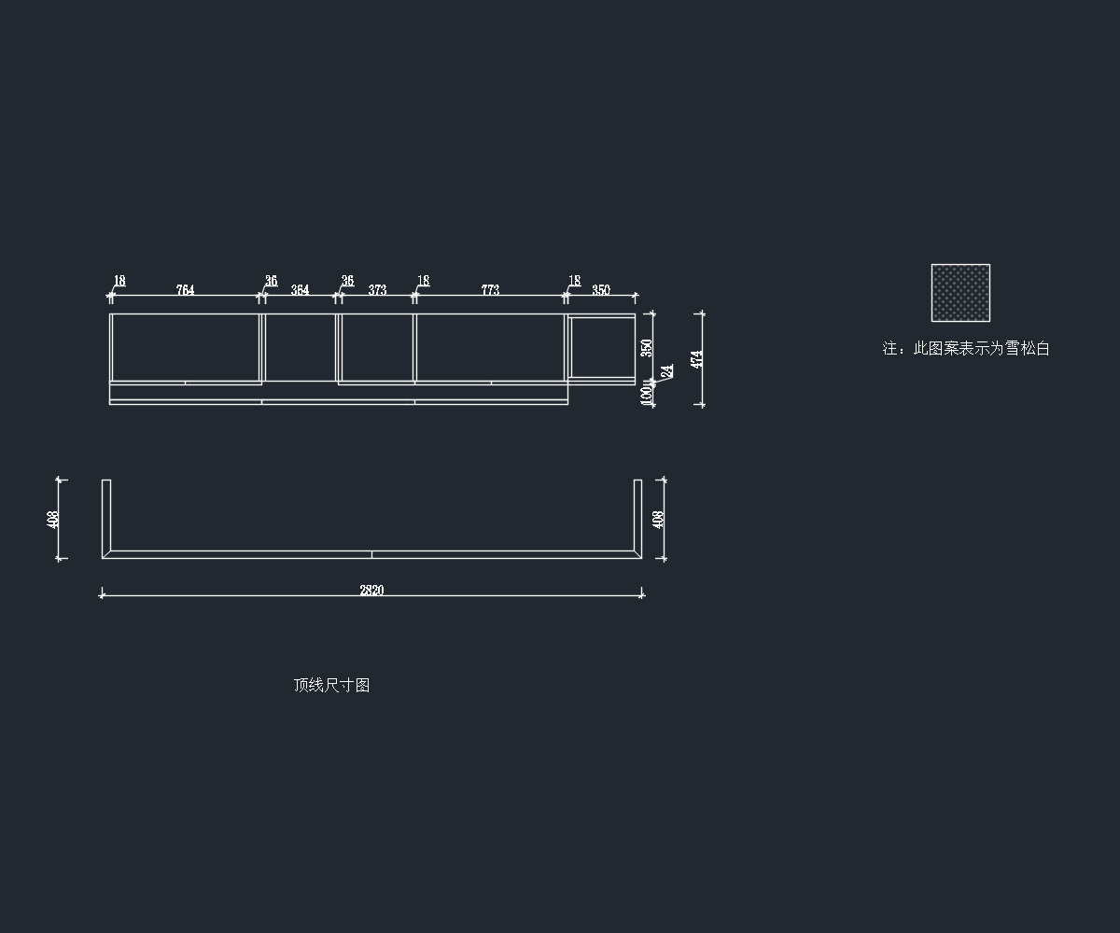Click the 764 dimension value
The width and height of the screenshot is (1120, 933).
tap(185, 290)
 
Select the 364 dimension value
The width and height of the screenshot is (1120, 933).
tap(300, 290)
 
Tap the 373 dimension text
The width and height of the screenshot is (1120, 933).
tap(377, 290)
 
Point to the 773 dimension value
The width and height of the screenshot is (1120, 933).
tap(490, 290)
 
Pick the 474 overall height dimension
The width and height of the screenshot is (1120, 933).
tap(696, 359)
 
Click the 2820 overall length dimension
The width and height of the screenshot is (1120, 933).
tap(371, 590)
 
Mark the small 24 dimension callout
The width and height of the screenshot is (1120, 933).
tap(667, 371)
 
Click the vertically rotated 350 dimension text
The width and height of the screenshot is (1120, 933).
tap(647, 348)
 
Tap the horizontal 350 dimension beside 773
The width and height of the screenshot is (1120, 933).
tap(601, 290)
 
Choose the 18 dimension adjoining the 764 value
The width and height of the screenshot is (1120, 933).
tap(119, 281)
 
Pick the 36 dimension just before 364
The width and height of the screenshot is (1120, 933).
tap(271, 281)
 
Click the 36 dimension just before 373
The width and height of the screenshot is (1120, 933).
tap(347, 281)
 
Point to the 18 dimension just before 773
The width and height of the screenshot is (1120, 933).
tap(423, 281)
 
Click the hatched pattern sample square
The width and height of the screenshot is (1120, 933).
tap(960, 293)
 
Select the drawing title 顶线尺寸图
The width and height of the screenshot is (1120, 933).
tap(331, 685)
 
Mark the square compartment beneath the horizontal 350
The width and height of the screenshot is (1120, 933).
tap(602, 346)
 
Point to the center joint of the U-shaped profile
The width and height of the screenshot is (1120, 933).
tap(371, 554)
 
